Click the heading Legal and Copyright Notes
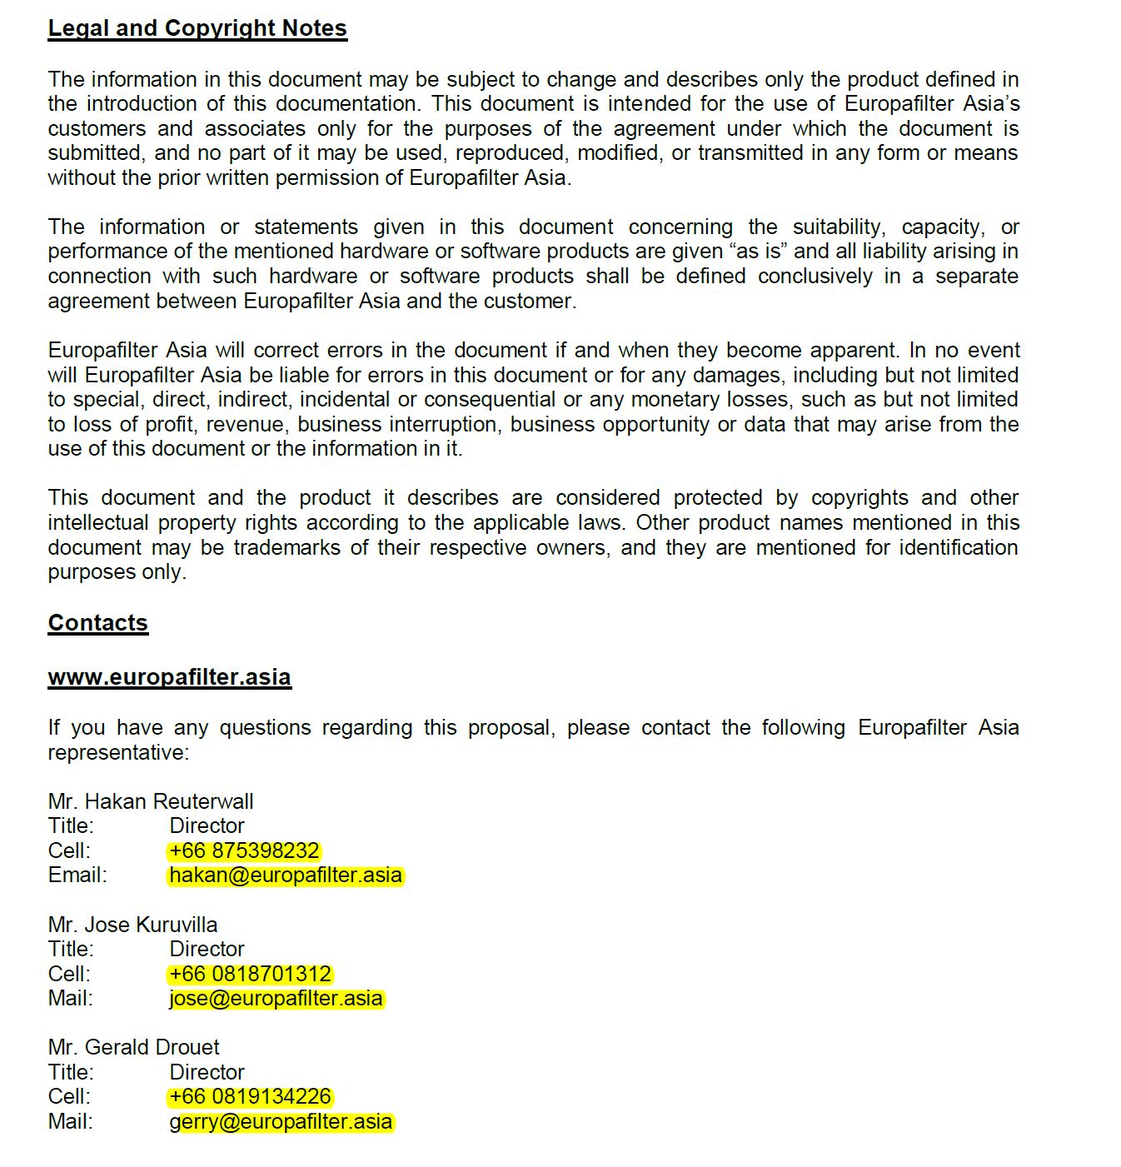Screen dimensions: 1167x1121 click(x=197, y=28)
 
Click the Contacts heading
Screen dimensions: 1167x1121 click(x=97, y=623)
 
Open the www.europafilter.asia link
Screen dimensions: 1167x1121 click(x=169, y=677)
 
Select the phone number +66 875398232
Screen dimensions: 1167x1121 click(x=244, y=850)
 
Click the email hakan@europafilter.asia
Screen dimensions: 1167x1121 click(x=286, y=875)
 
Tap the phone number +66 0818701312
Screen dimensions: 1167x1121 click(x=250, y=974)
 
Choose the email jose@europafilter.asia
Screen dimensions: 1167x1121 click(x=276, y=998)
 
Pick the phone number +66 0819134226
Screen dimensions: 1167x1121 click(x=250, y=1096)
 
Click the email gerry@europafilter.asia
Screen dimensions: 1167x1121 click(x=281, y=1121)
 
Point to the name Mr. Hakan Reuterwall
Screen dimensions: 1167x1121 click(x=151, y=801)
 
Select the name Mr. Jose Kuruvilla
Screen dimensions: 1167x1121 click(x=132, y=925)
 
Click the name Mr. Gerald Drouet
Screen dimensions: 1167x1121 click(x=134, y=1047)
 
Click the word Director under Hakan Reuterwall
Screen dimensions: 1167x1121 click(x=207, y=826)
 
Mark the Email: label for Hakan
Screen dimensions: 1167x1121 click(x=77, y=875)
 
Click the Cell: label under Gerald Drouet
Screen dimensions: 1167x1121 click(x=69, y=1096)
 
